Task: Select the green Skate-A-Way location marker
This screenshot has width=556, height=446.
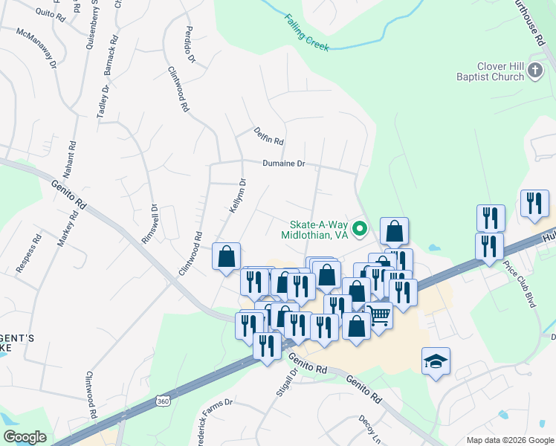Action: [361, 228]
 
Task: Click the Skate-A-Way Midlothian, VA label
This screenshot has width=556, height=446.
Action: [314, 228]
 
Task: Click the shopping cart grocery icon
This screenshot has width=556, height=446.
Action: [379, 317]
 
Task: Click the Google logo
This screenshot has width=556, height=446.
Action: [25, 437]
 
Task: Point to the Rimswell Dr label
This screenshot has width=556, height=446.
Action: [149, 224]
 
